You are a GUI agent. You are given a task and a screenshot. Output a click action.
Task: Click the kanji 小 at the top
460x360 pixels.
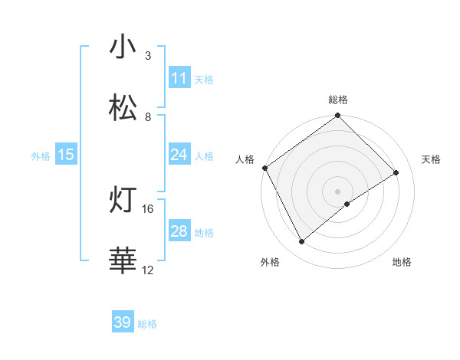123,47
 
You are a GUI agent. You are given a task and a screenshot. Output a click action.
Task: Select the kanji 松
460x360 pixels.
123,108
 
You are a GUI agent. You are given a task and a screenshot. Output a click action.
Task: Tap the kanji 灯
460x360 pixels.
123,201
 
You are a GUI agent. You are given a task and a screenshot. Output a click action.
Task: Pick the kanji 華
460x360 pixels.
123,261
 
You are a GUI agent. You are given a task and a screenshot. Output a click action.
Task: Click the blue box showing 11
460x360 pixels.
179,78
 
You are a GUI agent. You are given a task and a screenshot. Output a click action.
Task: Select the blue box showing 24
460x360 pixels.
179,155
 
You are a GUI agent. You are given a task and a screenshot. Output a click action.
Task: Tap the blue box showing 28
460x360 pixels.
179,231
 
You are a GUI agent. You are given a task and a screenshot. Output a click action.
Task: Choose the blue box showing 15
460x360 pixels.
66,155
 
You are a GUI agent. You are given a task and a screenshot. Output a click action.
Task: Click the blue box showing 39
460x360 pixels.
123,322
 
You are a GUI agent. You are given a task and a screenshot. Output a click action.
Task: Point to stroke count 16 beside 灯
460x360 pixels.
148,208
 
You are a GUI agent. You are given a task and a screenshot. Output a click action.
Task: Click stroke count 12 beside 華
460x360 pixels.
148,270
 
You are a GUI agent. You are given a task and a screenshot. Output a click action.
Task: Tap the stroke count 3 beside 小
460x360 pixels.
148,56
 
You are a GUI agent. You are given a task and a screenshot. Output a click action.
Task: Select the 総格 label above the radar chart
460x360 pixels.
338,100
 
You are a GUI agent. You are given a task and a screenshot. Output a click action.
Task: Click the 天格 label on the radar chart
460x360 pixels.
432,159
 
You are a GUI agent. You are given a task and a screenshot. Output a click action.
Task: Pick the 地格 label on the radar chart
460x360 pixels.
402,262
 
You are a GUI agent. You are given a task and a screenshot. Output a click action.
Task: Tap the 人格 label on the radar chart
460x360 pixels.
245,159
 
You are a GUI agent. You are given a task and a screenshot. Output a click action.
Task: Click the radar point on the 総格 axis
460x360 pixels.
338,116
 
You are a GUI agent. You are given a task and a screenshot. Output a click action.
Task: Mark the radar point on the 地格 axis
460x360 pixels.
347,204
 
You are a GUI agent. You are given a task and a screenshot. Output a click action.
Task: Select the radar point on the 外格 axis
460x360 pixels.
302,242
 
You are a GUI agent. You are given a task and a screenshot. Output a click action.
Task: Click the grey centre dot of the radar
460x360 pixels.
338,191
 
